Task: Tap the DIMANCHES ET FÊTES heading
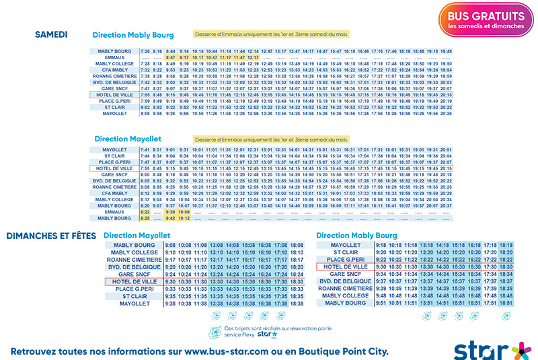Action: [51, 236]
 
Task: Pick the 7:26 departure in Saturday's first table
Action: [145, 51]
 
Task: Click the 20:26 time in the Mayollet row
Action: [446, 114]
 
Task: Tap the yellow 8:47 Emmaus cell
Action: [171, 57]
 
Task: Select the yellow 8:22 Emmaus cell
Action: [145, 212]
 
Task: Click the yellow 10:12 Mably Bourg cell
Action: [184, 218]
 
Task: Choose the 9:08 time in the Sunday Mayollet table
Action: [171, 245]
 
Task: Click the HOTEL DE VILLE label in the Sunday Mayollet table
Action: [134, 281]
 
